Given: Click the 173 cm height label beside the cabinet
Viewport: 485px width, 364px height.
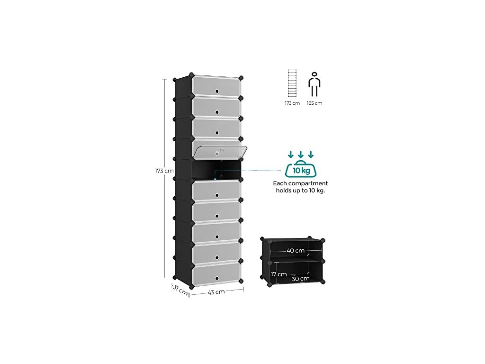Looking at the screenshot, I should click(165, 171).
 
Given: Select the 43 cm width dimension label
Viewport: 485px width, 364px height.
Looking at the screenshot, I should click(216, 292).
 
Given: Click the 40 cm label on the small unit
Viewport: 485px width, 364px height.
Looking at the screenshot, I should click(296, 251).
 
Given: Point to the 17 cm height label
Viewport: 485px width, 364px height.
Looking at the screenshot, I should click(279, 274).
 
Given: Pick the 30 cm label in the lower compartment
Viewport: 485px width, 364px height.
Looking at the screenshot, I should click(301, 279).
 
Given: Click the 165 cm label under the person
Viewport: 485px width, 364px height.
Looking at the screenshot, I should click(314, 103).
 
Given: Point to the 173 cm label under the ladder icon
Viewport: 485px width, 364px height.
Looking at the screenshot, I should click(292, 103).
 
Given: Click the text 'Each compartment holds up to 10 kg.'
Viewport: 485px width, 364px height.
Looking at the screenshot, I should click(300, 187).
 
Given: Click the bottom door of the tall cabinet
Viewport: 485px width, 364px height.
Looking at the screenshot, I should click(216, 274).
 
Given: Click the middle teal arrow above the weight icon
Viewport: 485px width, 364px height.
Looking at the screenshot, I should click(300, 155).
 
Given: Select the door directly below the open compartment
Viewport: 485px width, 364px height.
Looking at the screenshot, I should click(216, 191).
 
